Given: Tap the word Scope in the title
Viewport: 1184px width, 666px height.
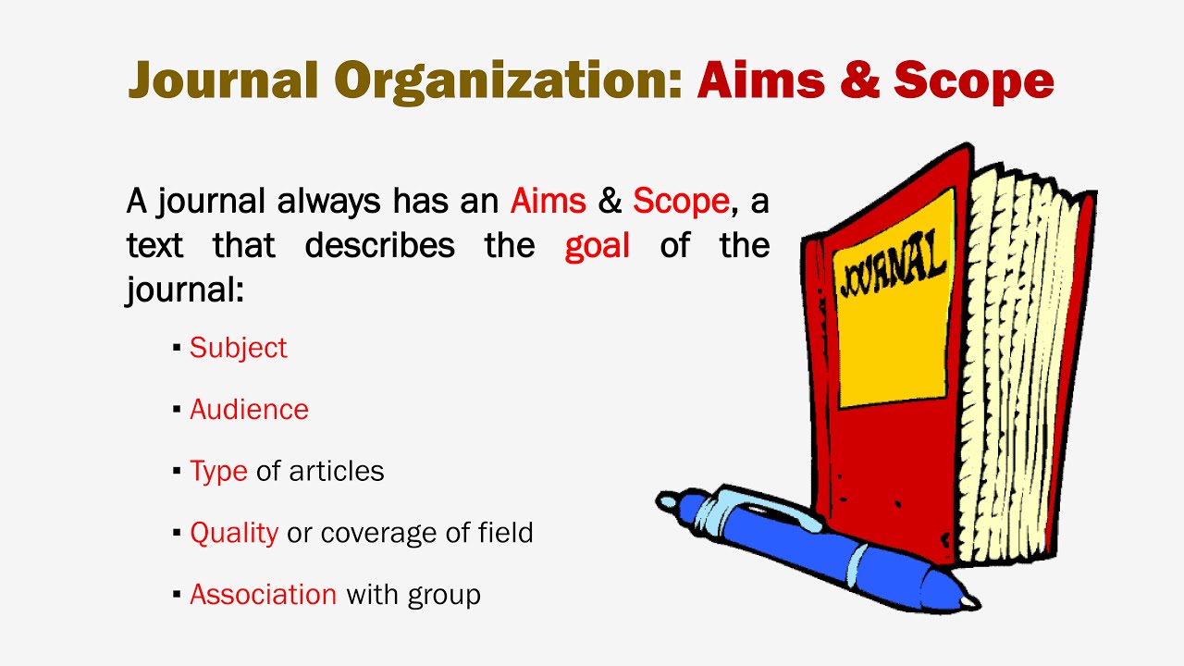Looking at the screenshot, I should pos(974,80).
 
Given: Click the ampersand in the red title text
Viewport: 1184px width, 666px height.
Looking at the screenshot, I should pos(857,80).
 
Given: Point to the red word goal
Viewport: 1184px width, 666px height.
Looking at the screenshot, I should pos(598,245).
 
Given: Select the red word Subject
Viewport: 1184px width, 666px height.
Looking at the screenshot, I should pos(238,348).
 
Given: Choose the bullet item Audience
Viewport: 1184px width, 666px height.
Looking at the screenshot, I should pos(249,410).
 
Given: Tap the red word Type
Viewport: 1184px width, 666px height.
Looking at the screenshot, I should pos(218,472).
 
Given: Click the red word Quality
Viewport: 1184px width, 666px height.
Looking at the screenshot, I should pos(234,533).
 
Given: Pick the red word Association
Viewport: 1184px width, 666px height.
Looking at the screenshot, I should pos(263,594).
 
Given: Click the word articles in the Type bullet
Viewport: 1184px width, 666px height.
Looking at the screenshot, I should pos(336,472).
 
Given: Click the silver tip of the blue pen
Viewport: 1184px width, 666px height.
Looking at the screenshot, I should pos(967,601).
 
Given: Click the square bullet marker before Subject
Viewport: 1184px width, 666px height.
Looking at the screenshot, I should pos(177,349).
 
